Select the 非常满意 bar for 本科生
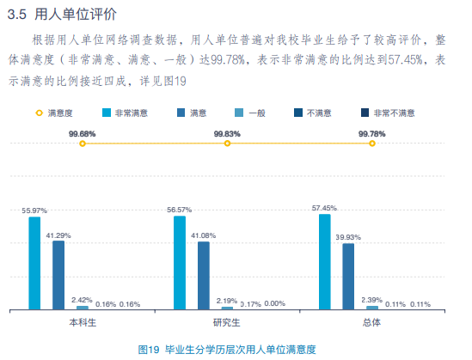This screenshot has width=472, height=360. tap(34, 262)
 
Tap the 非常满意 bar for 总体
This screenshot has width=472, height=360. tap(324, 260)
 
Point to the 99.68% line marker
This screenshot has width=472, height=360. tap(83, 144)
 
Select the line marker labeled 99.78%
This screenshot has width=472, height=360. tap(372, 144)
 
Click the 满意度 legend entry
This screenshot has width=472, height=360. tap(52, 113)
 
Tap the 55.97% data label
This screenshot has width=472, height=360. tap(34, 211)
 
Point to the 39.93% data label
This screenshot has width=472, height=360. tap(348, 237)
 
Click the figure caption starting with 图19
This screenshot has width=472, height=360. tap(227, 349)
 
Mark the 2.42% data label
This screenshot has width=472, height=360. tap(83, 299)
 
